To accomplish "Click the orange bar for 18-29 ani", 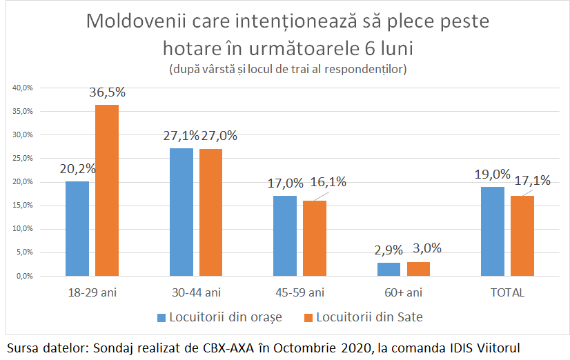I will click(107, 190).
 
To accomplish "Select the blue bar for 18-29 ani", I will click(77, 228).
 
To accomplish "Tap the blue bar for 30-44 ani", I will click(181, 212).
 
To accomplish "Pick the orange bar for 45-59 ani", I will click(315, 238).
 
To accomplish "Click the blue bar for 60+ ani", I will click(389, 269).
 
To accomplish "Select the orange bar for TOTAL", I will click(522, 235).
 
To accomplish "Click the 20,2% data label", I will click(77, 168).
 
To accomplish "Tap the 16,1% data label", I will click(328, 183).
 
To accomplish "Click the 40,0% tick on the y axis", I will click(23, 88).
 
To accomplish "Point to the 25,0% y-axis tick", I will click(23, 158).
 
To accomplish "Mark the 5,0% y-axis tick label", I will click(24, 252).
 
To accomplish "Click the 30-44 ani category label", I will click(196, 292).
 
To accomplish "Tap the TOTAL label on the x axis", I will click(507, 292).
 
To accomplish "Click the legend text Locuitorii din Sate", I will click(368, 317).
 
